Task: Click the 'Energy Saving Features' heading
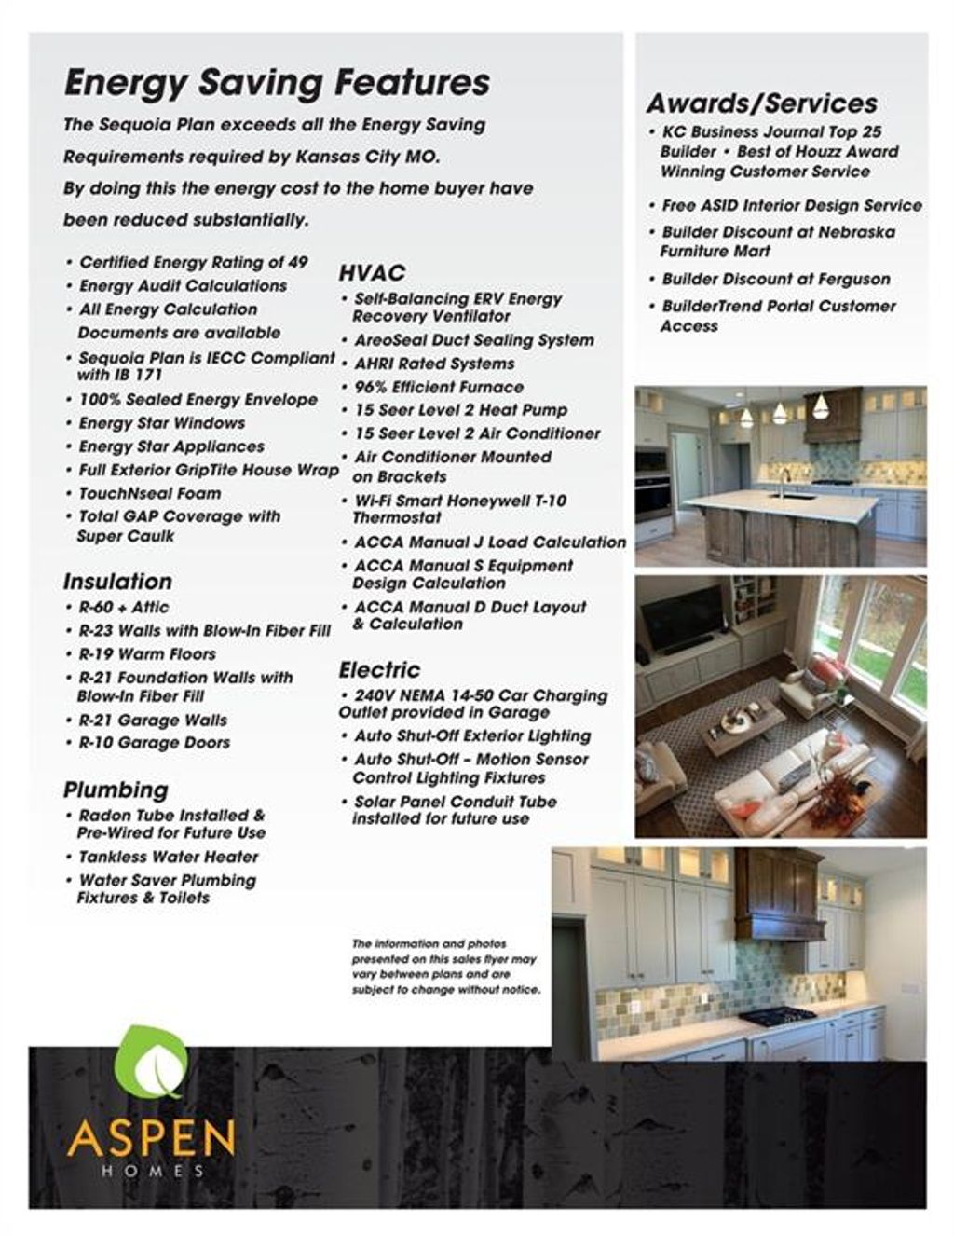(277, 82)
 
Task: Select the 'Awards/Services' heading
(762, 103)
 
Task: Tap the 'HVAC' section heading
(372, 272)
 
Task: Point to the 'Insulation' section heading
(117, 581)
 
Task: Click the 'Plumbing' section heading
(116, 790)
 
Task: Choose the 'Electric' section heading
(379, 669)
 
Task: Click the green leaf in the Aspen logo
(151, 1062)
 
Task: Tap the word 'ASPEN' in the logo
(151, 1138)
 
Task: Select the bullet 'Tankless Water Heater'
(169, 857)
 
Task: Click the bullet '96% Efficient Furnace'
(439, 387)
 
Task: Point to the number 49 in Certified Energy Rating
(297, 263)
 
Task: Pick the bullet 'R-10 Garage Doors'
(154, 743)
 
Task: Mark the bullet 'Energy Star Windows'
(162, 423)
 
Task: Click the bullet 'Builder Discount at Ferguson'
(776, 279)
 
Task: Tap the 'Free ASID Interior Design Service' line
(792, 205)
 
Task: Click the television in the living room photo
(682, 620)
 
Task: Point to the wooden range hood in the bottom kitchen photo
(779, 895)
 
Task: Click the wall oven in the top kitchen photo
(653, 485)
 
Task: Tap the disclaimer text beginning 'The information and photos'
(446, 967)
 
